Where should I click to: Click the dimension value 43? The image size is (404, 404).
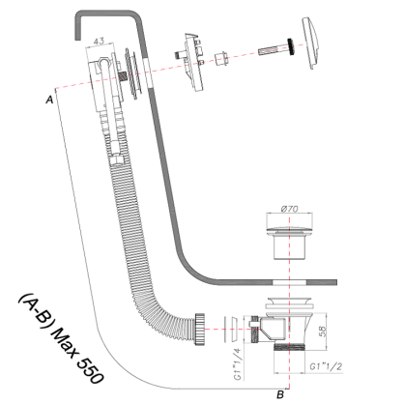pos(100,41)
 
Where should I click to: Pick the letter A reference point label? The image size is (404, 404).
pos(49,99)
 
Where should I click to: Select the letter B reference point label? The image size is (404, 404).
pos(279,393)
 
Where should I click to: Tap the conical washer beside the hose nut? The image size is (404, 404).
pos(227,325)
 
